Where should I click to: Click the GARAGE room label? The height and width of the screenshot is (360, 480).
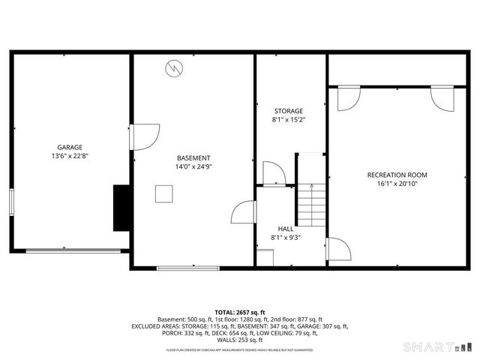point(70,147)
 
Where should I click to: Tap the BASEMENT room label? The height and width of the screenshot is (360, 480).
point(193,157)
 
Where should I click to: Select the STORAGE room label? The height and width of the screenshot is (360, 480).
point(288,111)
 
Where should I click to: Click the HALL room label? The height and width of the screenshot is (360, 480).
point(286,229)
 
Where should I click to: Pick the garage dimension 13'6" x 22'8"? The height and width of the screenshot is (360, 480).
point(70,156)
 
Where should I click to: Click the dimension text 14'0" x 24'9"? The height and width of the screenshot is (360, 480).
point(193,166)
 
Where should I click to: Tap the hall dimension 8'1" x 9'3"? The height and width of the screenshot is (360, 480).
point(286,238)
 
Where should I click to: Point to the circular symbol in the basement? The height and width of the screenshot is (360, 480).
point(173,67)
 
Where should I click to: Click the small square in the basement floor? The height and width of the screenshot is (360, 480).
point(164,193)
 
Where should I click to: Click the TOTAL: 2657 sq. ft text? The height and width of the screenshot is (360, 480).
point(240,312)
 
